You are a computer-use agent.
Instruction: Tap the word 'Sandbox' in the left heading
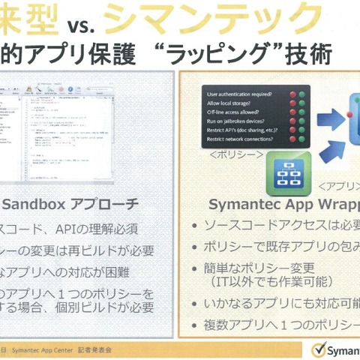click(x=31, y=202)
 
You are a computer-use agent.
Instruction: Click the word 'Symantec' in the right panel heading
click(x=239, y=203)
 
